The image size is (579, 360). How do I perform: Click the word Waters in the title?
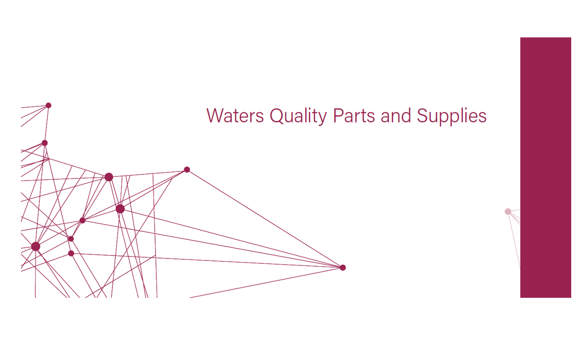click(x=235, y=116)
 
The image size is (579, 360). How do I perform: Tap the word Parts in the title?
click(x=354, y=116)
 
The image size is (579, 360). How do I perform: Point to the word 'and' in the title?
click(x=396, y=116)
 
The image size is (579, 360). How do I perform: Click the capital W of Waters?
click(x=216, y=116)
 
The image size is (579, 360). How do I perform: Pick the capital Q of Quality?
click(x=277, y=116)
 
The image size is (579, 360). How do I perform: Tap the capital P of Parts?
click(x=338, y=116)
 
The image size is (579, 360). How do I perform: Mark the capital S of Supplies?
click(x=422, y=116)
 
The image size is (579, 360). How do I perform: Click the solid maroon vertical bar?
click(x=546, y=168)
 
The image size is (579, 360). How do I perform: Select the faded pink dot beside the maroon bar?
click(x=508, y=212)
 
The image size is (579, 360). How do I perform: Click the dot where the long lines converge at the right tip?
click(x=343, y=267)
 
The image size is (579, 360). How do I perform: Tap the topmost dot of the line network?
click(x=49, y=105)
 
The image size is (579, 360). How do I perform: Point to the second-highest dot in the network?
click(x=45, y=143)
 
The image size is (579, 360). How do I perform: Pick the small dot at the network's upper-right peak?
click(x=187, y=170)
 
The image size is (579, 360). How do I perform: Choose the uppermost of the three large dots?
click(x=108, y=177)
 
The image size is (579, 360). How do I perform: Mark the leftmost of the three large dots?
click(x=35, y=246)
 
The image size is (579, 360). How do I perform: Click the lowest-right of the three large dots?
click(x=120, y=209)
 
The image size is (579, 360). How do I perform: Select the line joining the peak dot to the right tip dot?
click(x=265, y=219)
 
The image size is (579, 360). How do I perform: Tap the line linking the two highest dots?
click(x=47, y=124)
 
